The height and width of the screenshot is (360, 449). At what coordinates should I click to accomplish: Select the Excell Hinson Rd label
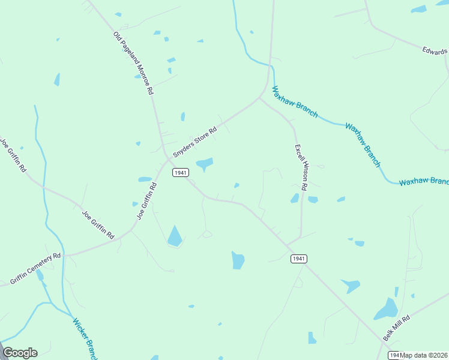[x=301, y=167]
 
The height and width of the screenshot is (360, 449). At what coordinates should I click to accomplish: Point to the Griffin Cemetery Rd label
[x=36, y=268]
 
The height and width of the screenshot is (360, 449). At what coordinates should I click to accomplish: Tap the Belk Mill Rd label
[x=397, y=329]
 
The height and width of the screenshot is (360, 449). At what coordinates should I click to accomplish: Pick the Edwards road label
[x=435, y=52]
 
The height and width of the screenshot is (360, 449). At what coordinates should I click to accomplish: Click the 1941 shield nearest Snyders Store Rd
[x=181, y=172]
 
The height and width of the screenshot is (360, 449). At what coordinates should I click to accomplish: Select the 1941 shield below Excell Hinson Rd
[x=299, y=259]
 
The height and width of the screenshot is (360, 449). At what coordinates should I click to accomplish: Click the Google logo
[x=20, y=353]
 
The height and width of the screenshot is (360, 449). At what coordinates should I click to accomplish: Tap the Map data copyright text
[x=424, y=355]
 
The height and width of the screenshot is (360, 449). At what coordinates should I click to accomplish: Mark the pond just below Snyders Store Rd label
[x=205, y=163]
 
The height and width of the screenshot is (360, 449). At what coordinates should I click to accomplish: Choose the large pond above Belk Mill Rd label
[x=385, y=310]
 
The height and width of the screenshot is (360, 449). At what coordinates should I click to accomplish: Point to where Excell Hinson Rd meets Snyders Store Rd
[x=260, y=98]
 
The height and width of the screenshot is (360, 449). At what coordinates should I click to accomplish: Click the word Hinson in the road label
[x=301, y=170]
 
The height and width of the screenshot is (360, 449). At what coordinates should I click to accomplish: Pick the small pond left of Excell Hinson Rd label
[x=295, y=198]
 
